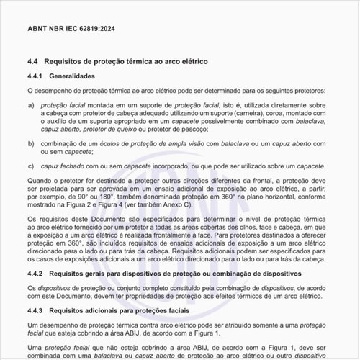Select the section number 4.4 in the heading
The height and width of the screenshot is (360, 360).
pos(33,63)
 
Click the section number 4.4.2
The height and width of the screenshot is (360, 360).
pos(37,274)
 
